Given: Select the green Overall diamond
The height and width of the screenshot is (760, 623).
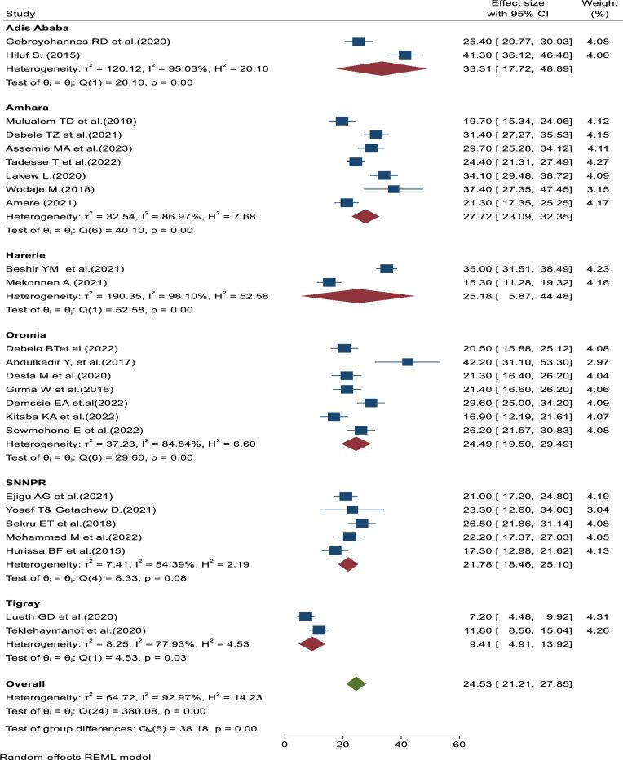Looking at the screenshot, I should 356,683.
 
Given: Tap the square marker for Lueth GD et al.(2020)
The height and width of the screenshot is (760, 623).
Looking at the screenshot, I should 306,616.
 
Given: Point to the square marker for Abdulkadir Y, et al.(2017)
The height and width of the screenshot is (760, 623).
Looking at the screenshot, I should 408,361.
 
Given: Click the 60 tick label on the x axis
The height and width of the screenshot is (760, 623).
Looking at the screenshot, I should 458,744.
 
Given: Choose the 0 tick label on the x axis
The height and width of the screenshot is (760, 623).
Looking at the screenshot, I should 285,744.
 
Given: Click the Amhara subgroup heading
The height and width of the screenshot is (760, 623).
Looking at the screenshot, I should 25,107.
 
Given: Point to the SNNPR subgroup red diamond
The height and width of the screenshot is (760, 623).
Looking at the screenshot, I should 348,563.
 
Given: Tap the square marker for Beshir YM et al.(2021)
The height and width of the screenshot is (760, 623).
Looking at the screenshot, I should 387,268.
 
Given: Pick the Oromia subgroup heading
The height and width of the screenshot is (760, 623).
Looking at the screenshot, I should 24,334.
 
